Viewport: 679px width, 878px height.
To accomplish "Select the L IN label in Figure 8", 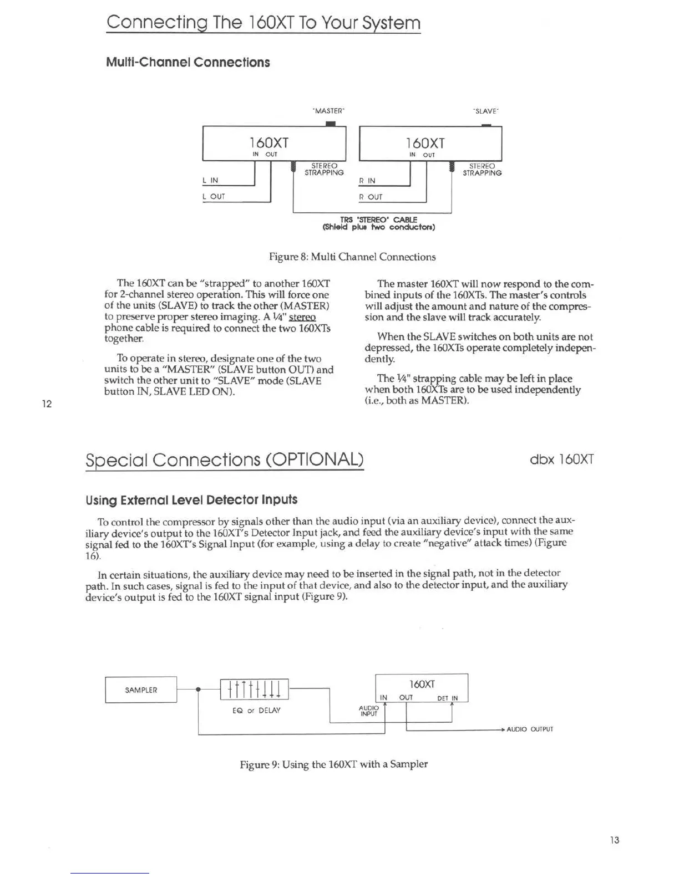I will (210, 180).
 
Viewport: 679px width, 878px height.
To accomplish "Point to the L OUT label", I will (214, 197).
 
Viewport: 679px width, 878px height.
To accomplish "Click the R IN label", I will (367, 181).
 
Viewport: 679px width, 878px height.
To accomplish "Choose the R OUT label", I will (371, 197).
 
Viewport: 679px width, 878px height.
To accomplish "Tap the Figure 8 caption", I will (352, 257).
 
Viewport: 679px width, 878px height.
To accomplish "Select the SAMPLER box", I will (141, 690).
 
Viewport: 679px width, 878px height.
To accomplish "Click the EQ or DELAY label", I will (256, 711).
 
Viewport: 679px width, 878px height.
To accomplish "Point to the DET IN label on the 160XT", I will (448, 698).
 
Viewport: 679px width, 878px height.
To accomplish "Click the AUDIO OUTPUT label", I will (530, 729).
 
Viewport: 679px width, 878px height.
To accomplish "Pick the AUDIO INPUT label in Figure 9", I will (369, 711).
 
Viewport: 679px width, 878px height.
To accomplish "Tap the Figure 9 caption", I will (333, 764).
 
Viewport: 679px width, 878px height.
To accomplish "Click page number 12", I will (47, 404).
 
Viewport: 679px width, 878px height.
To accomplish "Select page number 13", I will (614, 840).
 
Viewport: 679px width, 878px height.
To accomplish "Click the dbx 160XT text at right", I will (562, 460).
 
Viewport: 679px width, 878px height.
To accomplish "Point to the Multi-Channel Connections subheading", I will (188, 62).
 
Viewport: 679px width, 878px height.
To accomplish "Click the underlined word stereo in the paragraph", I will (302, 317).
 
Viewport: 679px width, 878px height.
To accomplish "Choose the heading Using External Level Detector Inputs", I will (191, 500).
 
